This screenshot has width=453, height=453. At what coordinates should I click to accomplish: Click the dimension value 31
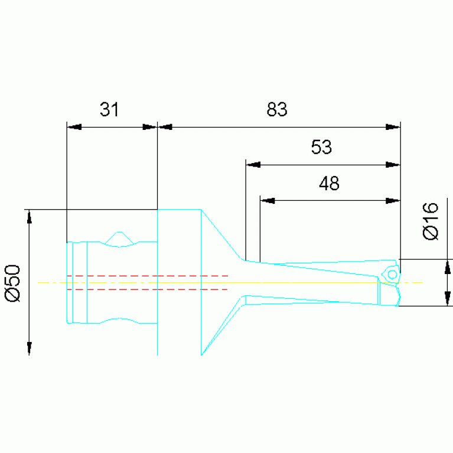tap(109, 109)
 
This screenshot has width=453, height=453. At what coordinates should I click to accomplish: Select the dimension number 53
tap(321, 147)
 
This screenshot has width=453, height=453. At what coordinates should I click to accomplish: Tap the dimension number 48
tap(329, 184)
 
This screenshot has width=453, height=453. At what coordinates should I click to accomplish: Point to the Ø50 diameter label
tap(13, 283)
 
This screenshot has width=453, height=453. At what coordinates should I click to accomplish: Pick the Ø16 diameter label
tap(431, 221)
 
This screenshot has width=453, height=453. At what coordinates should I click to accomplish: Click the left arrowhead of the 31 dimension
tap(74, 127)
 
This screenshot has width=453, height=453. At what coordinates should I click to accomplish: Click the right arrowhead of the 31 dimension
tap(150, 127)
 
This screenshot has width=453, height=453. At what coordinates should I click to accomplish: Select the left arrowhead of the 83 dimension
tap(165, 127)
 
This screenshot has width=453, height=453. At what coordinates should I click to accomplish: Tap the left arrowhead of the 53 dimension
tap(253, 165)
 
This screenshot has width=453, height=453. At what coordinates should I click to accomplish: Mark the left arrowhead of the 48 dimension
tap(268, 200)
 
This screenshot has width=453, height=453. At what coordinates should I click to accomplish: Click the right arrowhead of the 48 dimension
tap(393, 200)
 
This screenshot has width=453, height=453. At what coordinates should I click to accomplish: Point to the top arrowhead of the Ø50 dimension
tap(29, 217)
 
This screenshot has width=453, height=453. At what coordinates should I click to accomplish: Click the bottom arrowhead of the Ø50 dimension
tap(29, 347)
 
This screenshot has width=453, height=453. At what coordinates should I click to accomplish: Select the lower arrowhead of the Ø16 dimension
tap(447, 299)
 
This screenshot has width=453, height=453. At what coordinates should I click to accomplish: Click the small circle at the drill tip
tap(392, 275)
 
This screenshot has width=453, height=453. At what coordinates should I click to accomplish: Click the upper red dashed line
tap(148, 276)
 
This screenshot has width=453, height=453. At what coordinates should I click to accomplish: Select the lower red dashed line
tap(148, 289)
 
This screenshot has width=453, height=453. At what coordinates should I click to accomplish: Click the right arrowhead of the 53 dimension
tap(393, 165)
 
